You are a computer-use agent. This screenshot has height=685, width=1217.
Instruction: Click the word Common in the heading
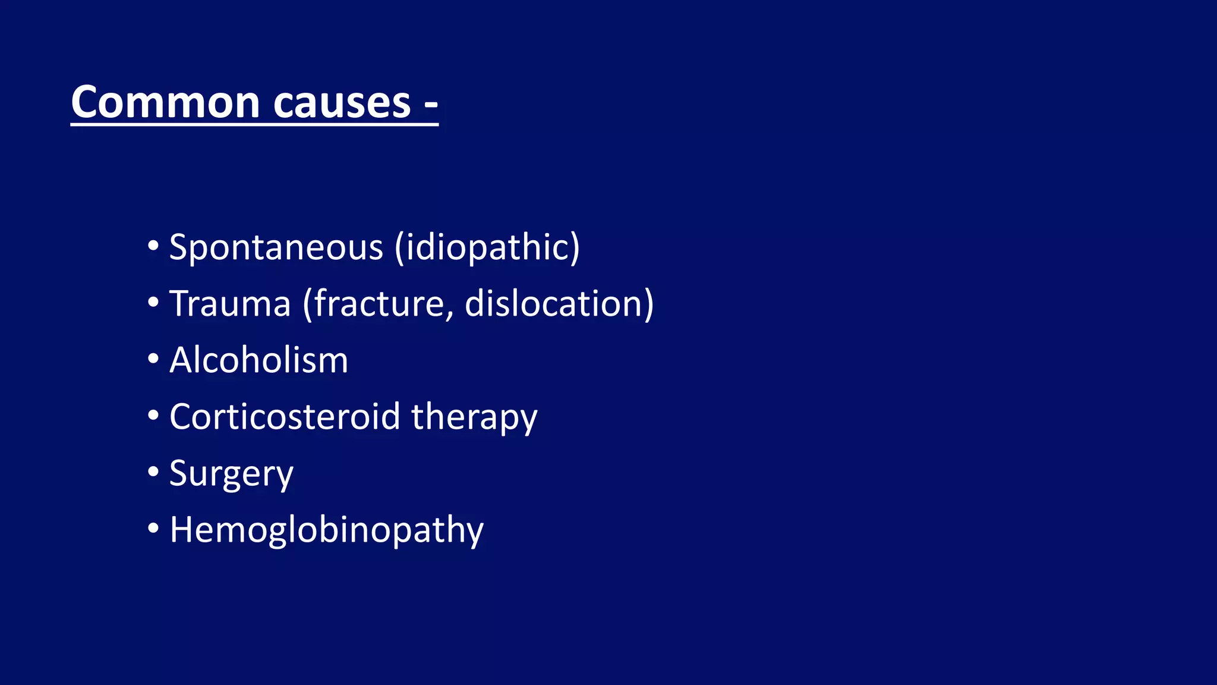[x=166, y=102]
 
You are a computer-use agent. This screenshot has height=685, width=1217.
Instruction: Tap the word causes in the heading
[x=342, y=102]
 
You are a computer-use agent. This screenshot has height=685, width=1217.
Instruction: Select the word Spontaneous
[x=276, y=247]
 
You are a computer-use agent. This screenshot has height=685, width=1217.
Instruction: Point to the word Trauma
[x=231, y=304]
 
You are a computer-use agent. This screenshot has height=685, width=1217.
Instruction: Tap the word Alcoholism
[x=259, y=360]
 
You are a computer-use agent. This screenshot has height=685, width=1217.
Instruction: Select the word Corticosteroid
[x=285, y=416]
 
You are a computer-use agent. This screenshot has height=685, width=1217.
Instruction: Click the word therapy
[x=474, y=417]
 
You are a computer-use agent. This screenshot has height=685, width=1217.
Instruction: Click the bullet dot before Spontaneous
[x=153, y=246]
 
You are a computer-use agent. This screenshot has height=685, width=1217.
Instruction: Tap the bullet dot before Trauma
[x=153, y=302]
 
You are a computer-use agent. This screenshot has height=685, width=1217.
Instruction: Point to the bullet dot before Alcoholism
[x=153, y=359]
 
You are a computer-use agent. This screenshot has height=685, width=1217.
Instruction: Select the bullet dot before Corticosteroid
[x=153, y=415]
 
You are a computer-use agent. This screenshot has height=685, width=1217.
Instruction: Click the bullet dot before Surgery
[x=153, y=472]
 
